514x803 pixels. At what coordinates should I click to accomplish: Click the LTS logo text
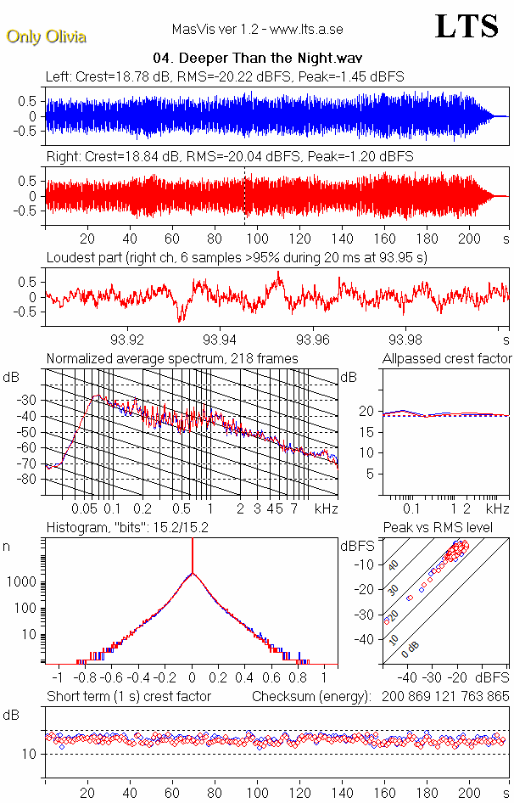[467, 27]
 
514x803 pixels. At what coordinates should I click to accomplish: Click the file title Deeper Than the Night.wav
[257, 59]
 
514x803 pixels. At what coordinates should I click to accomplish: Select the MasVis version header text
[257, 29]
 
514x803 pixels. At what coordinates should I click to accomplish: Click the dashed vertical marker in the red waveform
[245, 195]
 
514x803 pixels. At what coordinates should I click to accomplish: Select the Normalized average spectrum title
[172, 359]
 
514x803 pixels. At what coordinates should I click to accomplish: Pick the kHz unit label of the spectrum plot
[327, 508]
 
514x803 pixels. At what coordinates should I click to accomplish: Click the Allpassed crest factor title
[447, 359]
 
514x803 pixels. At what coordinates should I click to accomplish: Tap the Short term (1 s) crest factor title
[128, 697]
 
